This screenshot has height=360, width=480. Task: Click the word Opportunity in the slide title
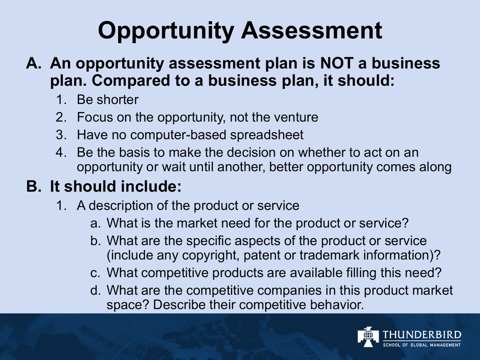(x=166, y=30)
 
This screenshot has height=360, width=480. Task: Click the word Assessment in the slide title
(x=312, y=30)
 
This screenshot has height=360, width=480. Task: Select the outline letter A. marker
(x=34, y=63)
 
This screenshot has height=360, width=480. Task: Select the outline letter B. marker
(x=34, y=186)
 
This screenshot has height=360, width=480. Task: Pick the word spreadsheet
(x=267, y=135)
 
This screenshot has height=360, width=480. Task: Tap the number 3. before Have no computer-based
(x=61, y=135)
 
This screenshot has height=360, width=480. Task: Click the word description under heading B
(x=121, y=206)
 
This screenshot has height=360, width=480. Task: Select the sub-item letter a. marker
(x=96, y=224)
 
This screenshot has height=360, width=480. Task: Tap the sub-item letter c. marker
(x=96, y=273)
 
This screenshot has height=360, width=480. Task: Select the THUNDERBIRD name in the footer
(x=422, y=335)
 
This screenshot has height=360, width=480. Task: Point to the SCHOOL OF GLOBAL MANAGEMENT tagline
(x=422, y=345)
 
